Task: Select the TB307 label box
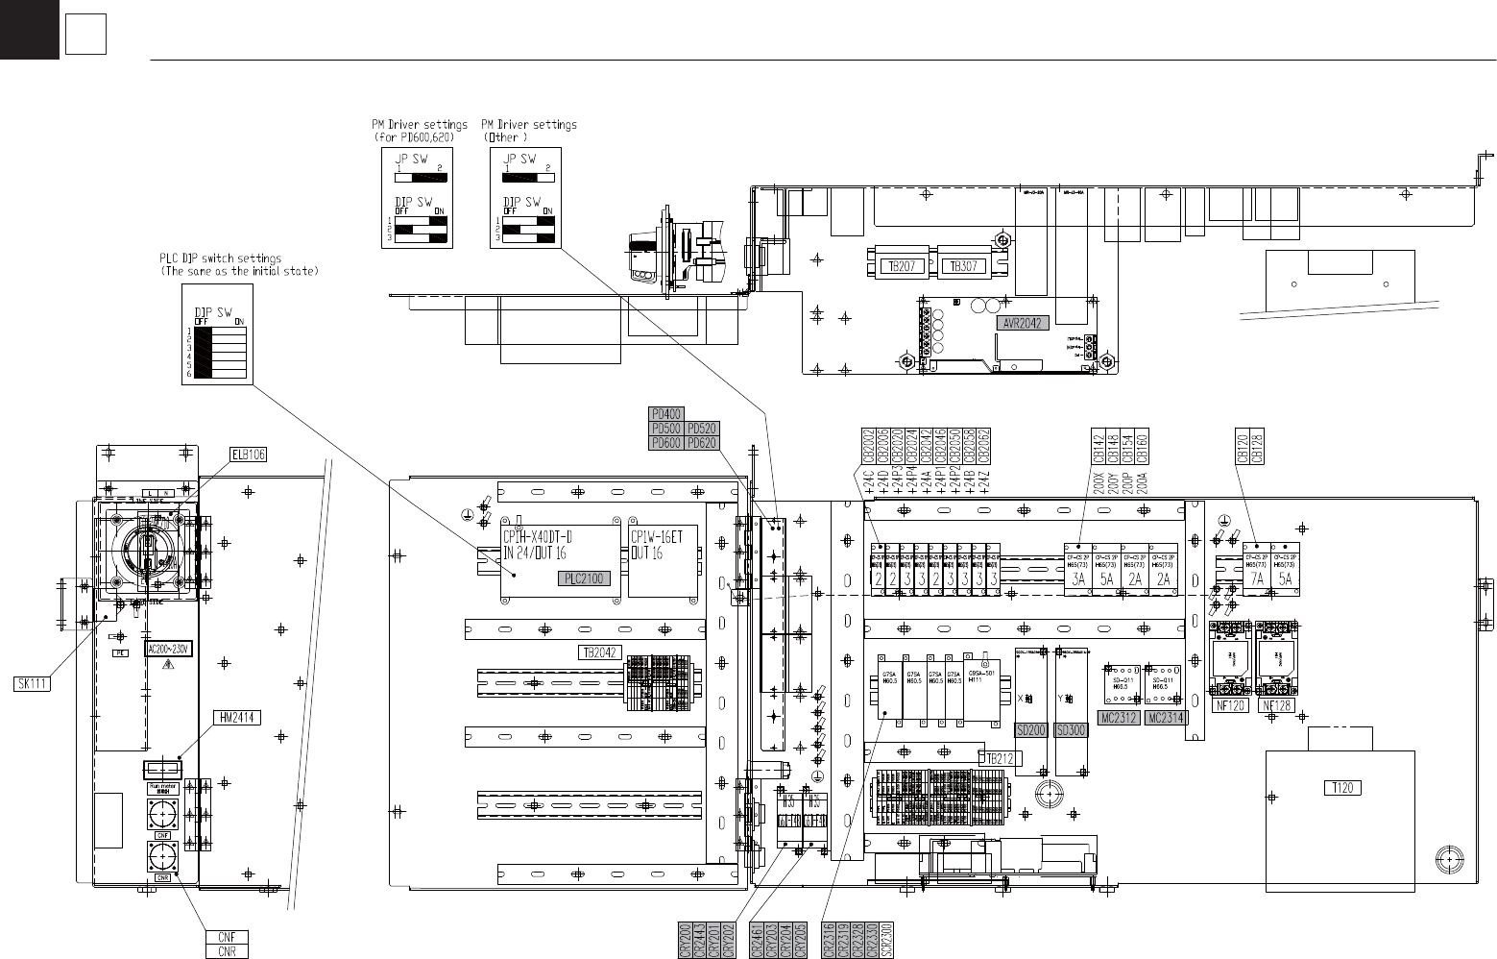coord(963,266)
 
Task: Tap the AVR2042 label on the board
coord(1023,324)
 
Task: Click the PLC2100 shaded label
coord(584,578)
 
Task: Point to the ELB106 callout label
coord(248,455)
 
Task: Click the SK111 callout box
coord(32,683)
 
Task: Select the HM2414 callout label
coord(234,716)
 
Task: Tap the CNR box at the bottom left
coord(227,951)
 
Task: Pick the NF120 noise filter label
coord(1231,705)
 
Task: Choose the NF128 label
coord(1279,705)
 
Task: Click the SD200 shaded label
coord(1030,730)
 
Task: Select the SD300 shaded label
coord(1071,730)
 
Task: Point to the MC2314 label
coord(1167,718)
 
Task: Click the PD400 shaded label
coord(666,414)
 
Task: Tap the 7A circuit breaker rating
coord(1256,579)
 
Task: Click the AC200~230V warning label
coord(169,649)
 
